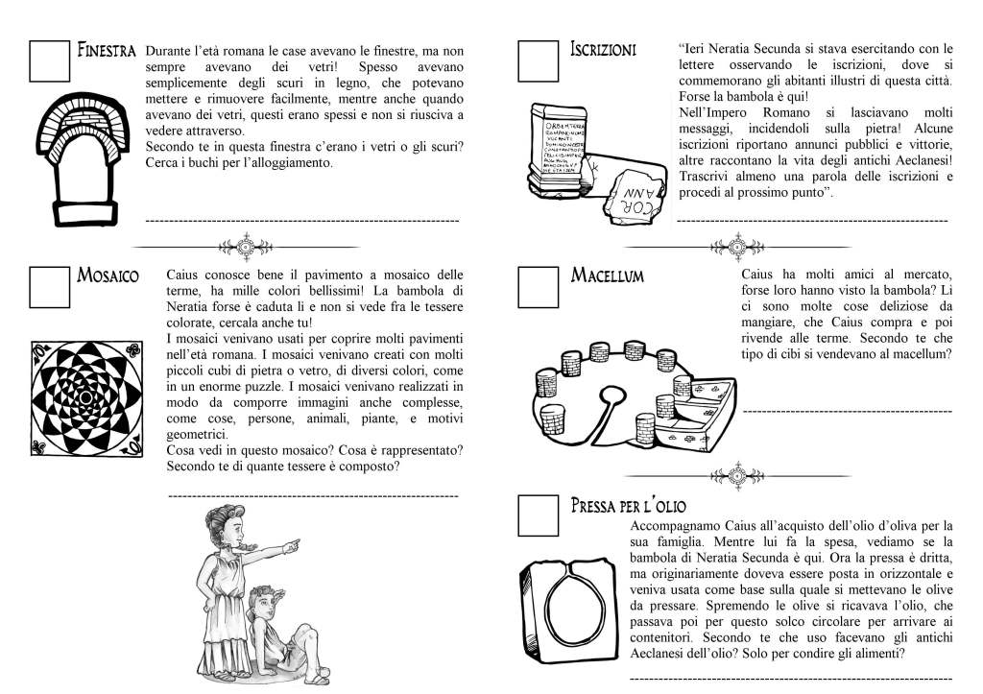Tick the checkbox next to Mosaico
point(49,285)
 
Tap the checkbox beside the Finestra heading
point(49,60)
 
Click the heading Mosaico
point(108,276)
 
